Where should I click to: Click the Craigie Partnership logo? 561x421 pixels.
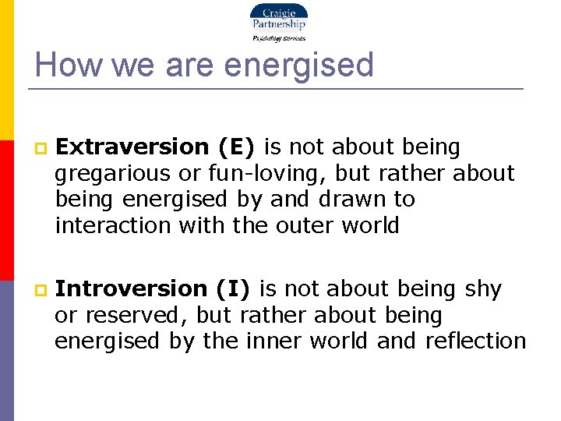[278, 18]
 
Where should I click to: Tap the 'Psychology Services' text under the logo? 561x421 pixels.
[278, 37]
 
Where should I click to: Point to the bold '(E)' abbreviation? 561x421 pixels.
[239, 147]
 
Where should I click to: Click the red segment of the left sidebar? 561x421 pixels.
[6, 210]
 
